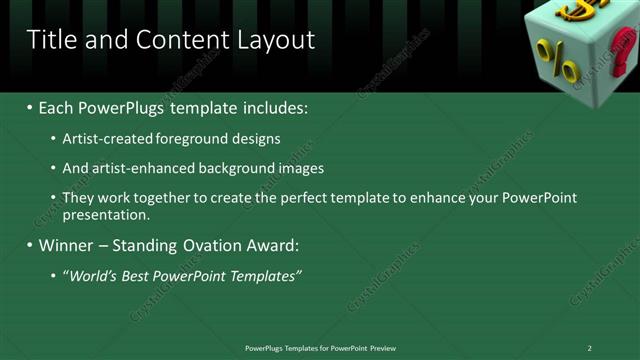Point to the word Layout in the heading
point(276,40)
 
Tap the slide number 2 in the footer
point(589,348)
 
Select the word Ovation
point(206,245)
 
